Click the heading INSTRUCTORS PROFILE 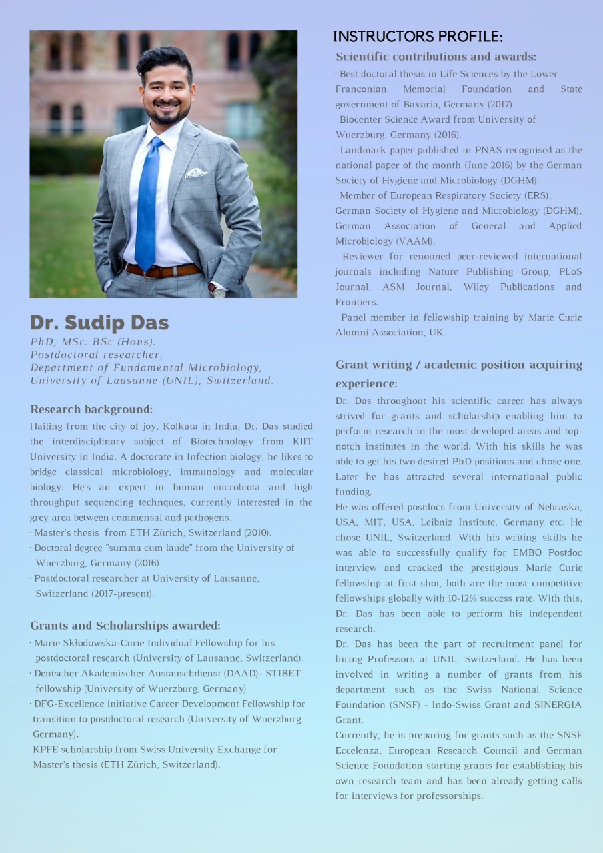(x=418, y=36)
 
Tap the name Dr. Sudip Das (x=99, y=323)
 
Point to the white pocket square (x=196, y=173)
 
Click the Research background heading (x=91, y=409)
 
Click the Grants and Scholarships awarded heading (x=125, y=626)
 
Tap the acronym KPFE (x=45, y=750)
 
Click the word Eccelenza (x=358, y=750)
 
